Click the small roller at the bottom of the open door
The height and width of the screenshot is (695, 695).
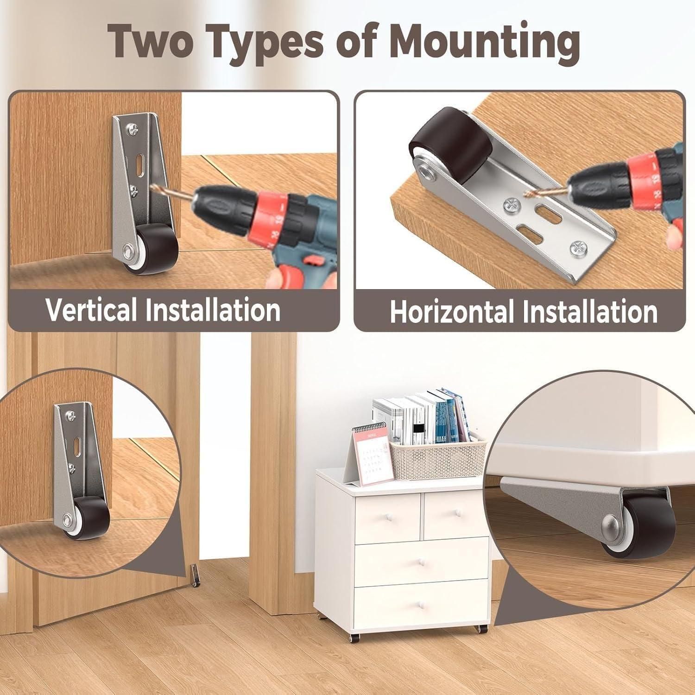(x=196, y=574)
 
